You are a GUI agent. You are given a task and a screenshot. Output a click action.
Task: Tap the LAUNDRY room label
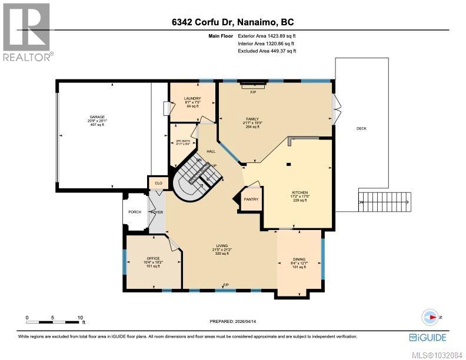pyautogui.click(x=192, y=99)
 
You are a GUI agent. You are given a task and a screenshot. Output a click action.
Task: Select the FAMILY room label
pyautogui.click(x=252, y=119)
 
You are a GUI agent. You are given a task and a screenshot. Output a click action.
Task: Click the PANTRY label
pyautogui.click(x=252, y=199)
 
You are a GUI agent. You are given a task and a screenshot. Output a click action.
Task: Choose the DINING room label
pyautogui.click(x=299, y=259)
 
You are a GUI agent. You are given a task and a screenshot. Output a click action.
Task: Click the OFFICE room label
pyautogui.click(x=153, y=259)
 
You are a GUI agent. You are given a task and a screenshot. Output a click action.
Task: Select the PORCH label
pyautogui.click(x=135, y=212)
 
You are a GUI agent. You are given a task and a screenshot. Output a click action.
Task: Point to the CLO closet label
pyautogui.click(x=158, y=184)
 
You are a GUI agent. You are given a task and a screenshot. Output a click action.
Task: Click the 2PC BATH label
pyautogui.click(x=183, y=141)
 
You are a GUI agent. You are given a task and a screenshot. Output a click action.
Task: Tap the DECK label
pyautogui.click(x=361, y=128)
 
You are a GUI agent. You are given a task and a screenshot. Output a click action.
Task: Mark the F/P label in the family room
pyautogui.click(x=254, y=92)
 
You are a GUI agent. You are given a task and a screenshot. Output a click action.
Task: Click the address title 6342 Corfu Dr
pyautogui.click(x=232, y=22)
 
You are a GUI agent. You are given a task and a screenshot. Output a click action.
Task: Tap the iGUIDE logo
pyautogui.click(x=428, y=337)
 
